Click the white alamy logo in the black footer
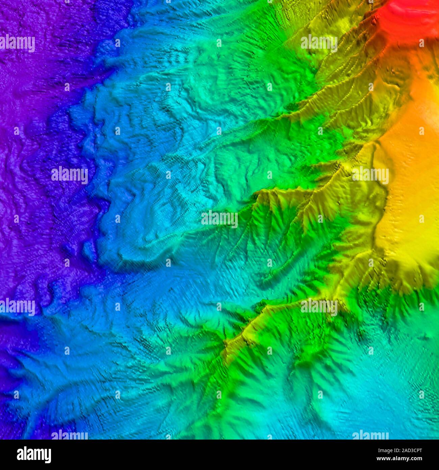pyautogui.click(x=34, y=455)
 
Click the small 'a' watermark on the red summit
pyautogui.click(x=421, y=43)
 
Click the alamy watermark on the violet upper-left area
pyautogui.click(x=18, y=43)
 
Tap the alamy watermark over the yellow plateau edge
pyautogui.click(x=370, y=175)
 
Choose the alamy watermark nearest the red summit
pyautogui.click(x=319, y=43)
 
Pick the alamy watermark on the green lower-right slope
pyautogui.click(x=319, y=307)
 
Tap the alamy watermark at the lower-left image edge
pyautogui.click(x=18, y=307)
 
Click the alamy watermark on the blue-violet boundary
pyautogui.click(x=70, y=175)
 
